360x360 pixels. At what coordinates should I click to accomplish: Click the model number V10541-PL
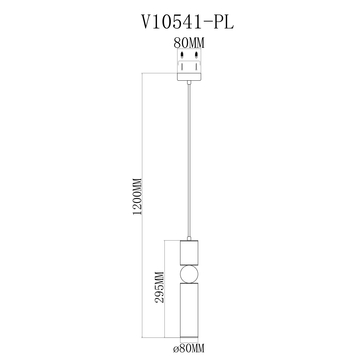pos(181,18)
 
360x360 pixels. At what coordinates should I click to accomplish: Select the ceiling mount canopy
pos(189,70)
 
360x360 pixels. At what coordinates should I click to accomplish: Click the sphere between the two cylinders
pos(189,276)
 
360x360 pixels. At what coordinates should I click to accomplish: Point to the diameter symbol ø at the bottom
pos(175,347)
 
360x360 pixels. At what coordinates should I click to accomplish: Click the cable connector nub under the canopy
pos(189,85)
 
